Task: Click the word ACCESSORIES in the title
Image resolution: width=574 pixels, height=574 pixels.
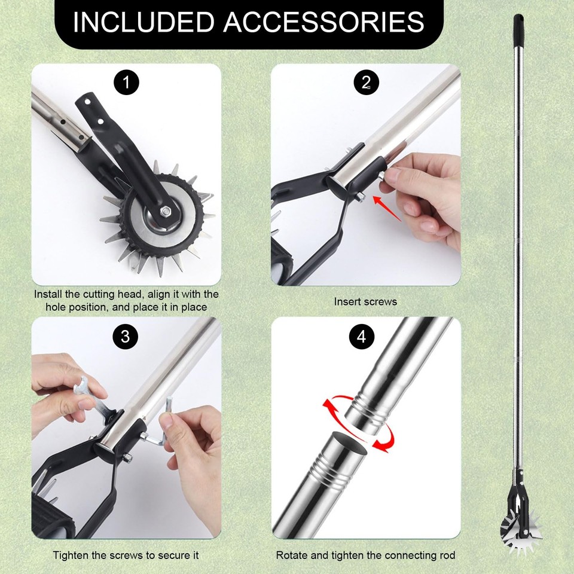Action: tap(323, 22)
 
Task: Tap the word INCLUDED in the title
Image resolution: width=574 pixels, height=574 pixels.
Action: tap(143, 22)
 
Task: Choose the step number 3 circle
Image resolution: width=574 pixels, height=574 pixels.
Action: tap(125, 336)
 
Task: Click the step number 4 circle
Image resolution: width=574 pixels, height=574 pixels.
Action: tap(361, 337)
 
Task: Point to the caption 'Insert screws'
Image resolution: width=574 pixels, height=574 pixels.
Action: tap(365, 301)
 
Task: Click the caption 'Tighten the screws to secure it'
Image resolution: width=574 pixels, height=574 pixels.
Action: tap(126, 555)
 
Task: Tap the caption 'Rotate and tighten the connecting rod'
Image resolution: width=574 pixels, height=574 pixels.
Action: tap(365, 555)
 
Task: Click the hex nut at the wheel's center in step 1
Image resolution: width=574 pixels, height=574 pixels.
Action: tap(164, 210)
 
